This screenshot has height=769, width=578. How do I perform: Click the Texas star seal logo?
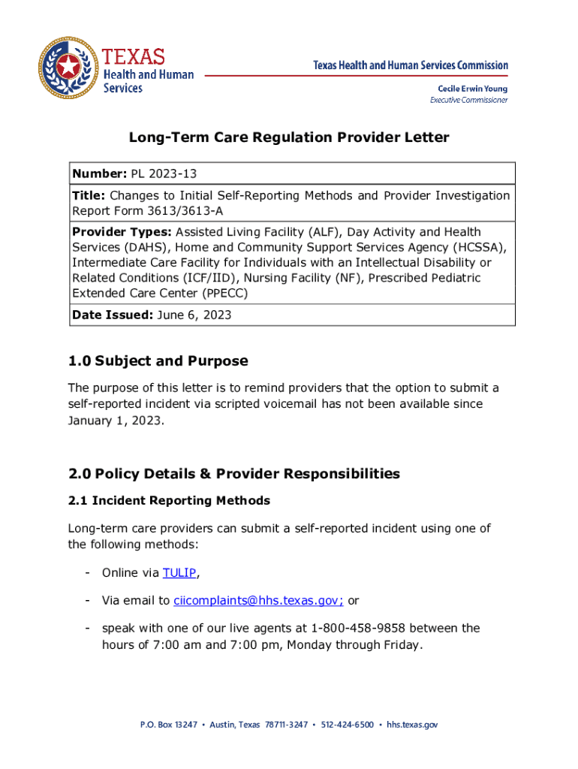(x=68, y=68)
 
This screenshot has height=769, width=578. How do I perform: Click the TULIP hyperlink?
(x=179, y=573)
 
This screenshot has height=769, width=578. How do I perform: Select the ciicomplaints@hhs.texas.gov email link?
(x=258, y=600)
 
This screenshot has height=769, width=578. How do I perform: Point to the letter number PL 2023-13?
(x=164, y=174)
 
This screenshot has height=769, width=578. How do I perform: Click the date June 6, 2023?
(x=194, y=315)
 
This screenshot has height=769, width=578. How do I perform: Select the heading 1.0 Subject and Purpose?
(x=158, y=361)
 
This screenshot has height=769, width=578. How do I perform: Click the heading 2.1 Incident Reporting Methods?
(x=169, y=500)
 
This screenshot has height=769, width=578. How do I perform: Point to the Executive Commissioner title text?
(x=468, y=100)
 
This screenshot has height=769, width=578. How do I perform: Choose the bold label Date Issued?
(x=112, y=315)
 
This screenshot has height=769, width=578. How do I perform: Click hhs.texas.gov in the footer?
(x=412, y=725)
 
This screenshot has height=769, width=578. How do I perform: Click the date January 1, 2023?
(x=114, y=421)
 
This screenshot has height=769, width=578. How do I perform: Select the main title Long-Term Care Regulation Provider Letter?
(x=289, y=137)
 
